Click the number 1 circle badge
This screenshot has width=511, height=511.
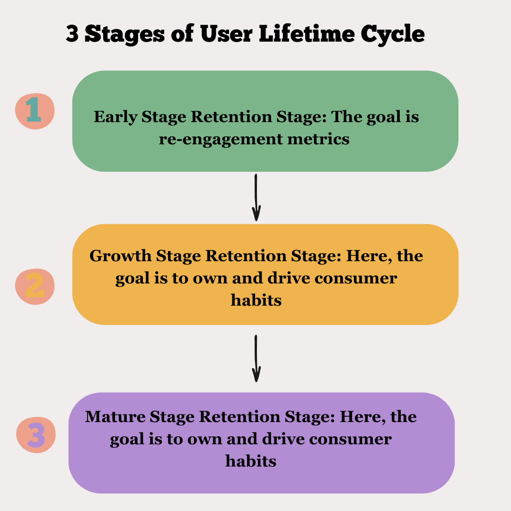pos(35,110)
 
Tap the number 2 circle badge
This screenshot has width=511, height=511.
pos(35,286)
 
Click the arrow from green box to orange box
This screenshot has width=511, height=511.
pos(256,197)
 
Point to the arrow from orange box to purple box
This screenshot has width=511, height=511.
pos(256,358)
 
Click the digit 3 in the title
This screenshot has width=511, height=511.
pos(72,35)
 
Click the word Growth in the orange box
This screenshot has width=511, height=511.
pos(120,256)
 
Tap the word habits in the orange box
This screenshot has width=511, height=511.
pos(256,300)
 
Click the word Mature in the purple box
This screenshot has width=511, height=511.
pos(115,417)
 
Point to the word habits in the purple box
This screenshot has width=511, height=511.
pos(251,461)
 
